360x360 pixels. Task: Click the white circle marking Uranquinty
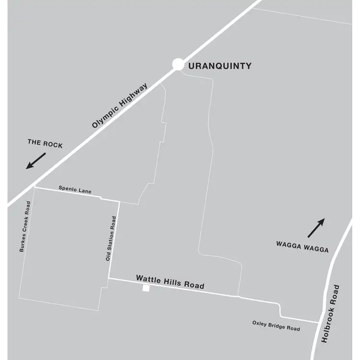[x=178, y=64]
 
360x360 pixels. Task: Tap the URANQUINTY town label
[x=220, y=66]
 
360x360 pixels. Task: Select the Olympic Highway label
[x=120, y=105]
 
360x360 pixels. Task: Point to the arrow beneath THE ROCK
[x=36, y=160]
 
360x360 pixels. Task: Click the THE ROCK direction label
[x=45, y=145]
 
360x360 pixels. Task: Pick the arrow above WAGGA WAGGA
[x=316, y=228]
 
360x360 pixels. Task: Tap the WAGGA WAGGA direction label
[x=302, y=250]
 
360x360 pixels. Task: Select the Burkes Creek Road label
[x=25, y=226]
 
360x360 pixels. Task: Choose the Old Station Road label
[x=110, y=239]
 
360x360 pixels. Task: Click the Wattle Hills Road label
[x=170, y=282]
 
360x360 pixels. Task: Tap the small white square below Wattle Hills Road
[x=145, y=288]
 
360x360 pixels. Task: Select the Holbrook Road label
[x=331, y=313]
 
